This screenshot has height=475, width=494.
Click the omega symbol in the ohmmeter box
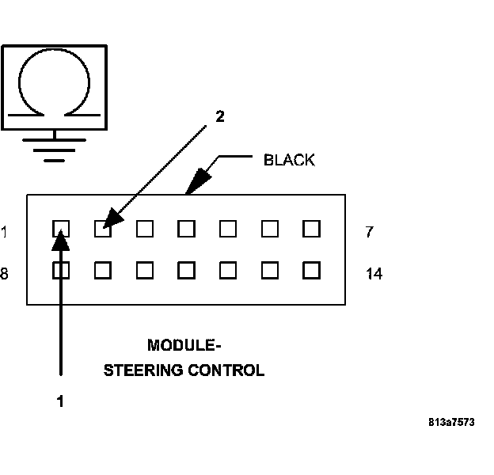(x=53, y=85)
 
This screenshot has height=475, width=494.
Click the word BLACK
(x=289, y=160)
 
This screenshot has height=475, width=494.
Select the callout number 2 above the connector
(x=220, y=116)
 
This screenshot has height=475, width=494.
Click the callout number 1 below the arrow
(x=60, y=401)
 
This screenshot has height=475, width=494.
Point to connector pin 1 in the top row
(x=61, y=230)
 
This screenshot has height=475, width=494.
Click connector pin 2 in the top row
(x=102, y=230)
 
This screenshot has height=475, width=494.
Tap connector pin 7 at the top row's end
(x=311, y=230)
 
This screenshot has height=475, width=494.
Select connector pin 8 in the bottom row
(x=61, y=270)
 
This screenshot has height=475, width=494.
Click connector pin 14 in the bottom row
(x=311, y=270)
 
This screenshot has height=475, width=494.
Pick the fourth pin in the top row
(x=186, y=230)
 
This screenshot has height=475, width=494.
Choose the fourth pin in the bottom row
(x=186, y=270)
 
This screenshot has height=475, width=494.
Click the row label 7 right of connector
(x=370, y=232)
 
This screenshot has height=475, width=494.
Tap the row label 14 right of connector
(x=374, y=274)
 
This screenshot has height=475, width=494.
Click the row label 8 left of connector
(x=5, y=274)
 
